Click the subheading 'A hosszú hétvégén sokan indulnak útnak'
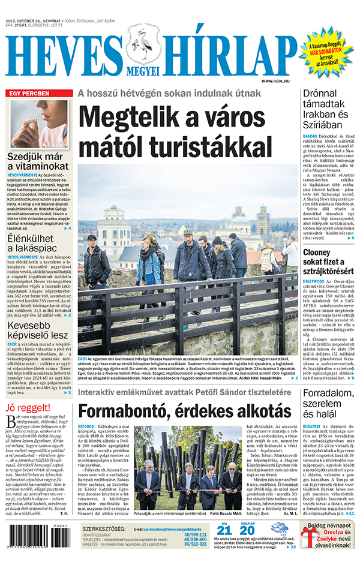coord(169,93)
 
